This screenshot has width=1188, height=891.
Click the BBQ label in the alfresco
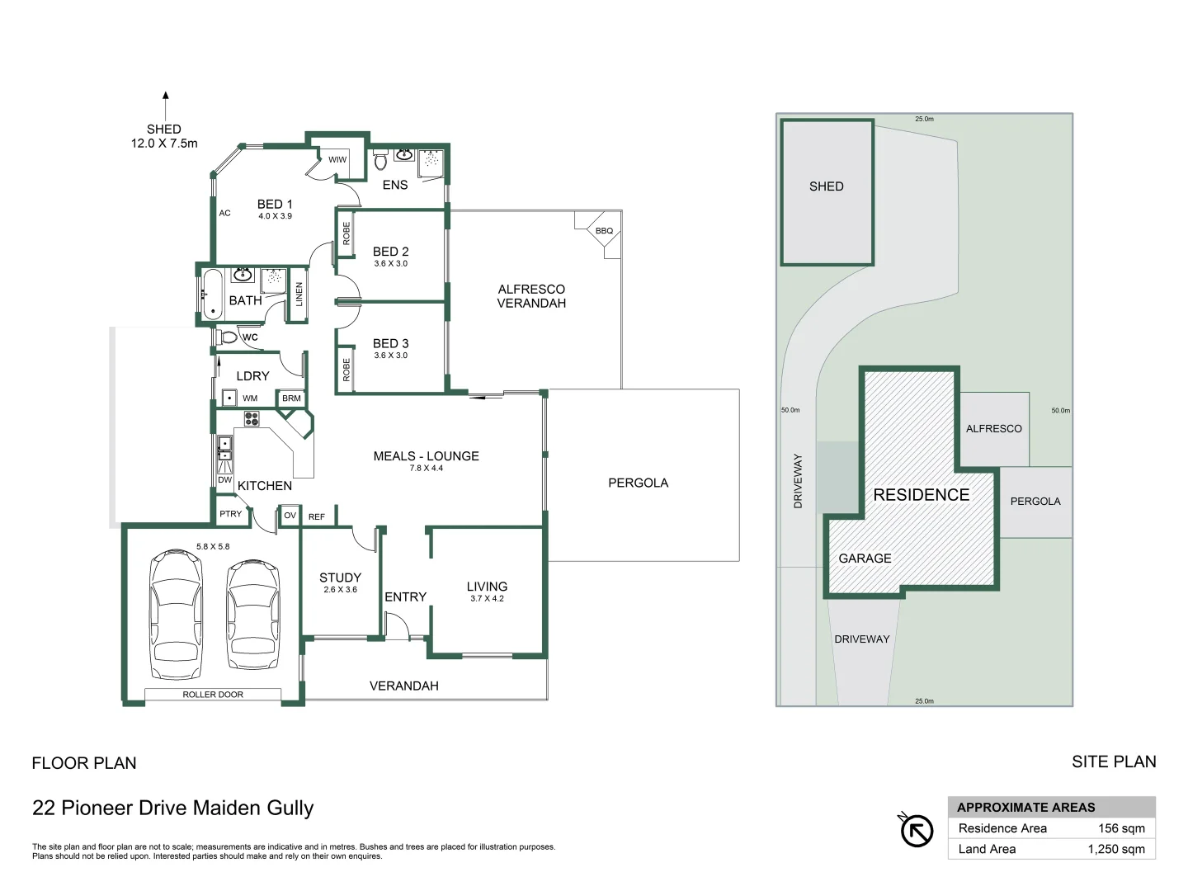[604, 231]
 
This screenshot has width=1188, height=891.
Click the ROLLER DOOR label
[213, 695]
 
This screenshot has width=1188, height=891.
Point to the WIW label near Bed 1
[337, 160]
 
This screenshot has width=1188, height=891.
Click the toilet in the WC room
[228, 337]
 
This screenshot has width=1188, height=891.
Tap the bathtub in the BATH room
[212, 294]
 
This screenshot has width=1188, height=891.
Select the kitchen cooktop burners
[252, 419]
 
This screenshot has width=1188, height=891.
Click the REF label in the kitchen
[317, 517]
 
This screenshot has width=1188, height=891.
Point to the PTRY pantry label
[231, 514]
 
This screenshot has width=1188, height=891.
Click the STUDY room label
[340, 578]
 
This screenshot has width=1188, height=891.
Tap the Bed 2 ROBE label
[346, 233]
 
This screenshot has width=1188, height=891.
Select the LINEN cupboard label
[299, 294]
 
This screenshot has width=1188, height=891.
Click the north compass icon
[916, 830]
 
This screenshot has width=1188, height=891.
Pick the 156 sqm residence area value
[1121, 828]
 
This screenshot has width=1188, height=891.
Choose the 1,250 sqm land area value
[1116, 849]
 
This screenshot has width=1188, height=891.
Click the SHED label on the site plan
[826, 186]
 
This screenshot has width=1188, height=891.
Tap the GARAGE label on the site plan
[865, 559]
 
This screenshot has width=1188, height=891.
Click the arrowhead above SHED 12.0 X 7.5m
[166, 96]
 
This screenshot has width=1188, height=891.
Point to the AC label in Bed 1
[225, 213]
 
